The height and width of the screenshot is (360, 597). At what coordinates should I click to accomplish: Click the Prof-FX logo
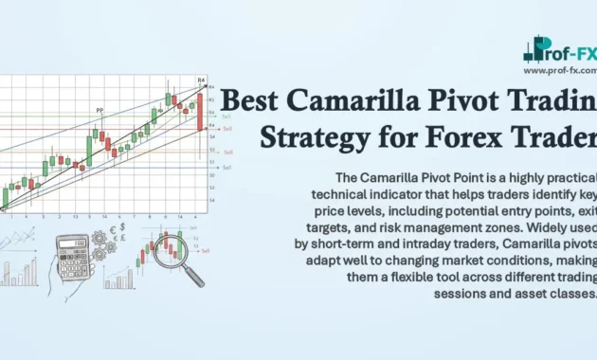point(560,49)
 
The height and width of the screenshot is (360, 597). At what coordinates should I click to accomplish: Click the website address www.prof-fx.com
point(560,70)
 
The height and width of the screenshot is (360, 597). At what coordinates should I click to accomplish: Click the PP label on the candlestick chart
point(99,111)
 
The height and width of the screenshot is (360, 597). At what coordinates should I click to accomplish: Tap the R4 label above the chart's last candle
point(201,81)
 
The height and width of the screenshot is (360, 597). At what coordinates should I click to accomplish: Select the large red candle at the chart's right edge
point(200,110)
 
